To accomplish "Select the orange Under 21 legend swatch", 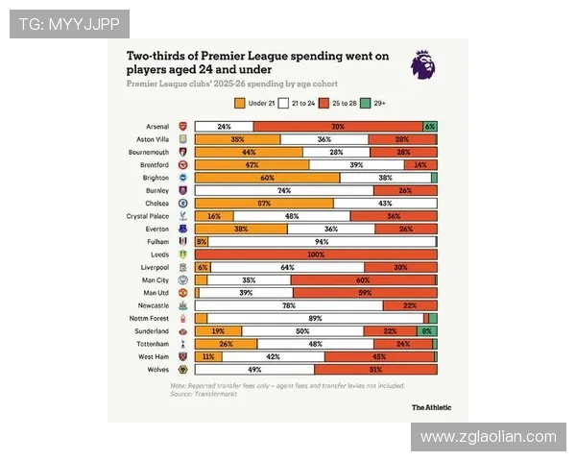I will (x=238, y=102).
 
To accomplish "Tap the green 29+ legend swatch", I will (x=365, y=102).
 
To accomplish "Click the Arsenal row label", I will (x=157, y=127).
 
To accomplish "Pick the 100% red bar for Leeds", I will (x=316, y=255).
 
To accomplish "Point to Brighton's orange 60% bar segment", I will (x=267, y=178).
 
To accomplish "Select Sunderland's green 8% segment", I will (x=426, y=331).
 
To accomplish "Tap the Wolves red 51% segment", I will (x=375, y=370).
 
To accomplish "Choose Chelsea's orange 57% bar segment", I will (x=264, y=204).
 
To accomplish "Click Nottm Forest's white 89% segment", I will (x=315, y=318).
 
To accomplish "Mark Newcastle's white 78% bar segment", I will (x=288, y=305).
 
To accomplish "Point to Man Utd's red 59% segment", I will (x=364, y=293).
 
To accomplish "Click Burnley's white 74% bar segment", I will (x=284, y=191).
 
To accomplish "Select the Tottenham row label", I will (x=155, y=344).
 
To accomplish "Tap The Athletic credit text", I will (x=430, y=407).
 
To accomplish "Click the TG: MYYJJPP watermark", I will (x=69, y=24).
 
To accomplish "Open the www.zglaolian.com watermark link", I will (x=489, y=437).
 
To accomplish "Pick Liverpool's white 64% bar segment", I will (x=287, y=268).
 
